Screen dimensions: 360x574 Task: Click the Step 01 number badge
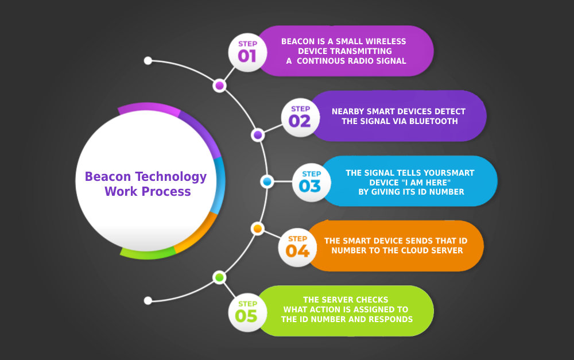tap(247, 52)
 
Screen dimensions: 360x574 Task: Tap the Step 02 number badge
tap(300, 117)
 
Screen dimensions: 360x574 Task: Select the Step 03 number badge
tap(311, 181)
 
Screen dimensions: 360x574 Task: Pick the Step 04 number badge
tap(297, 247)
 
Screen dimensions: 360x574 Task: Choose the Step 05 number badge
tap(247, 312)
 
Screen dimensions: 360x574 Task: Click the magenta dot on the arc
tap(219, 86)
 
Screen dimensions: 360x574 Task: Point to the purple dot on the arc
tap(258, 135)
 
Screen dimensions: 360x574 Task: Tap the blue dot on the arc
tap(267, 181)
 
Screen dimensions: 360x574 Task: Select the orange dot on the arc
tap(258, 229)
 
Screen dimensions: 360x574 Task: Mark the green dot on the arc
tap(219, 278)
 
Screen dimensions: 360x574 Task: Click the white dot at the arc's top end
tap(148, 60)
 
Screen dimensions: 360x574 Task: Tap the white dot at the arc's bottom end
tap(148, 300)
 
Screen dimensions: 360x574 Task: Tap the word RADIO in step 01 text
tap(357, 61)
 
